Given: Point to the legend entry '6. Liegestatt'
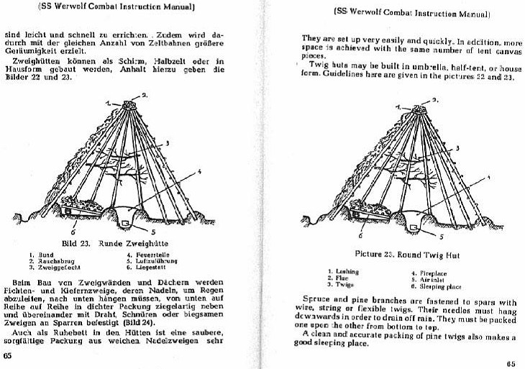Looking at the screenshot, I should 145,265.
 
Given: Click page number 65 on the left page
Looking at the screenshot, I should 8,355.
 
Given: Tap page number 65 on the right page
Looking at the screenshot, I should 511,363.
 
